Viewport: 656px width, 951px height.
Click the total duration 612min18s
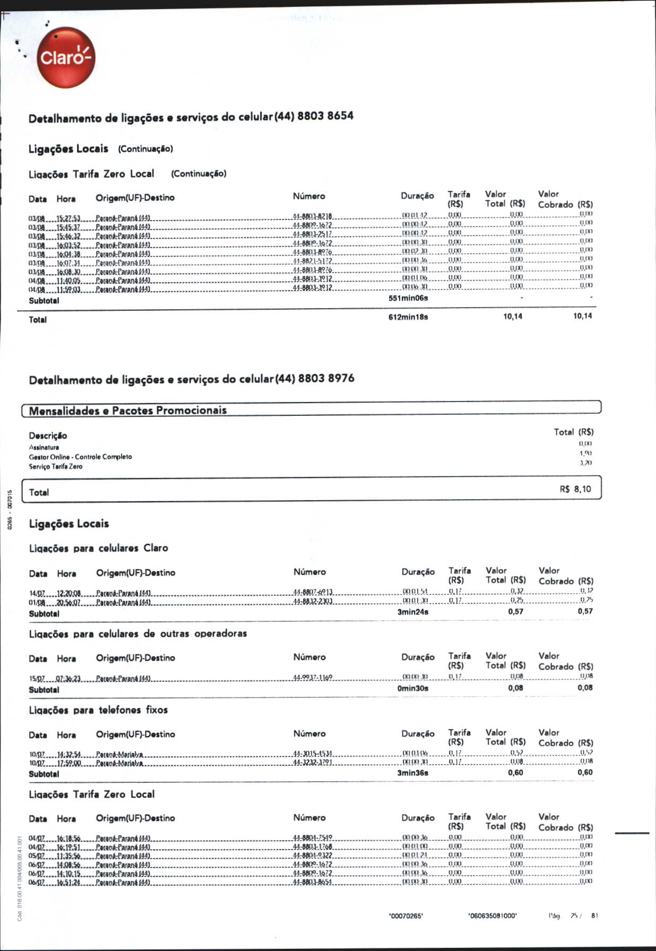(x=408, y=317)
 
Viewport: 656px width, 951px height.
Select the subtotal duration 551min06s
(x=408, y=298)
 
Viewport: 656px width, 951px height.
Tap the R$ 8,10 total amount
(x=575, y=489)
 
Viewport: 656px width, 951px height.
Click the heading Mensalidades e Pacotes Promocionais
(x=128, y=410)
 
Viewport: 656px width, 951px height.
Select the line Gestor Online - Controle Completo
(x=80, y=457)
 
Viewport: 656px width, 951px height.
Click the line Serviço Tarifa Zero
(x=56, y=466)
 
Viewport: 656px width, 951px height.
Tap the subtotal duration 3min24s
(x=413, y=612)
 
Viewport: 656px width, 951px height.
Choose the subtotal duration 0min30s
(x=413, y=688)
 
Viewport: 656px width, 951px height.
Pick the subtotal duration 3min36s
(x=413, y=773)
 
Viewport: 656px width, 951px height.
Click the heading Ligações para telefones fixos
(x=98, y=710)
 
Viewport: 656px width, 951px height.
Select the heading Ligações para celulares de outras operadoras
(x=138, y=633)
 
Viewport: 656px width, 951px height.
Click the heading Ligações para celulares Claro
(x=98, y=548)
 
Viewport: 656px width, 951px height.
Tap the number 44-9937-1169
(x=313, y=678)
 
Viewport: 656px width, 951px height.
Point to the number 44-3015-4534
(x=313, y=754)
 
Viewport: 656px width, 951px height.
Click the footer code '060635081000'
(x=492, y=916)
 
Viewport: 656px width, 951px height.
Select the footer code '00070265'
(x=406, y=916)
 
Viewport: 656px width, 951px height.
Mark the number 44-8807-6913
(x=313, y=592)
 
